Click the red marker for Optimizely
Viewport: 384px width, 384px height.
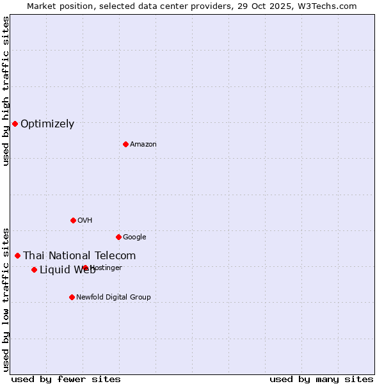pos(15,124)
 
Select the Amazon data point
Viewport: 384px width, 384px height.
pos(125,144)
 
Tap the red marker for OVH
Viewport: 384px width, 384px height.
pos(73,220)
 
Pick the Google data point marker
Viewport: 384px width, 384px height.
pos(118,237)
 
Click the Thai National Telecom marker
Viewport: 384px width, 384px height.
pos(17,255)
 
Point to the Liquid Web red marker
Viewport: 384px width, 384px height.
pos(34,269)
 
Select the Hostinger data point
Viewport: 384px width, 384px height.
pos(85,268)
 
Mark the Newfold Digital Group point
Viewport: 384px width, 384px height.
pos(72,297)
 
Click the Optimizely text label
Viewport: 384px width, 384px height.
pos(47,124)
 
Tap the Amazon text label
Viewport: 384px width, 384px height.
pos(143,145)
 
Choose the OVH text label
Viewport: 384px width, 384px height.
pos(85,221)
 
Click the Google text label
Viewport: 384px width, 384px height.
pos(134,237)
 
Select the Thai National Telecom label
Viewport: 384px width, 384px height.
pos(79,256)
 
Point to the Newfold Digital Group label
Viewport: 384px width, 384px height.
pos(113,298)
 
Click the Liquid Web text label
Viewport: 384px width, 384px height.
pos(67,270)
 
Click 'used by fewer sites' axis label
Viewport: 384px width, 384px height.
pos(66,379)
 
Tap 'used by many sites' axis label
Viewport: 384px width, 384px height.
pos(321,379)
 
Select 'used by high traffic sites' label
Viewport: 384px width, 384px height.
pos(6,91)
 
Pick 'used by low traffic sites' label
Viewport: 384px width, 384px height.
pos(6,299)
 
